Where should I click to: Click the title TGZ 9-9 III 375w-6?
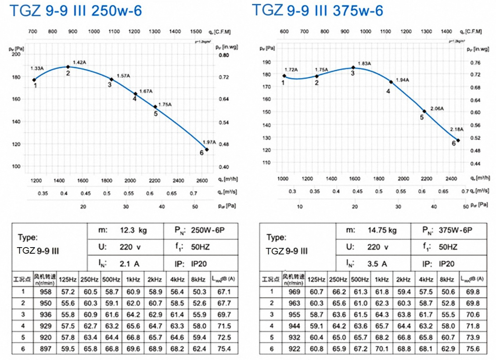pyautogui.click(x=317, y=10)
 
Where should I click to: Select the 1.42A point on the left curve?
pyautogui.click(x=68, y=67)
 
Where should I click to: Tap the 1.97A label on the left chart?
pyautogui.click(x=209, y=142)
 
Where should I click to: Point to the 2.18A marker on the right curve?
pyautogui.click(x=458, y=140)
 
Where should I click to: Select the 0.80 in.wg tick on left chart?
pyautogui.click(x=223, y=56)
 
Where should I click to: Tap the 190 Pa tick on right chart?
pyautogui.click(x=266, y=62)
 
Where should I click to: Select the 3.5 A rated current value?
pyautogui.click(x=377, y=263)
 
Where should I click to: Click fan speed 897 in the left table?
pyautogui.click(x=46, y=349)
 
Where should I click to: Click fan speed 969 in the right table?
pyautogui.click(x=294, y=291)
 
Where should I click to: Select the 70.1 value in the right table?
pyautogui.click(x=382, y=349)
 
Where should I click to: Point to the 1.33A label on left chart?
pyautogui.click(x=37, y=68)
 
